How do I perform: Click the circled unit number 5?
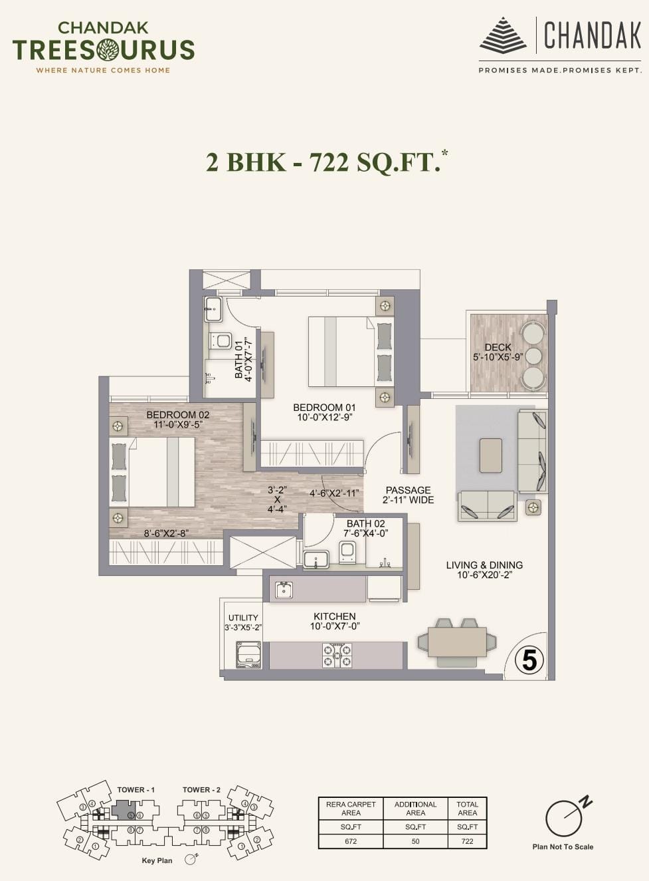(x=529, y=661)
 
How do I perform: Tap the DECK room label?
(x=498, y=347)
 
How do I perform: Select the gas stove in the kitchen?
(x=337, y=655)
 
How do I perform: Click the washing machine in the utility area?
(x=248, y=655)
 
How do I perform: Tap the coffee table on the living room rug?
(x=491, y=455)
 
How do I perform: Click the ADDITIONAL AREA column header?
(x=415, y=809)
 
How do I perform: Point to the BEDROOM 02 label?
(x=178, y=414)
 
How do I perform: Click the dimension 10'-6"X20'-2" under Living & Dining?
(x=484, y=575)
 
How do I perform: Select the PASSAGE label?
(x=408, y=490)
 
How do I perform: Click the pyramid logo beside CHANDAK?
(x=504, y=37)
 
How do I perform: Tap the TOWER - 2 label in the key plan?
(x=201, y=789)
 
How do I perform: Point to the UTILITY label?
(x=243, y=618)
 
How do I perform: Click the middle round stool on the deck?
(x=534, y=356)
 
